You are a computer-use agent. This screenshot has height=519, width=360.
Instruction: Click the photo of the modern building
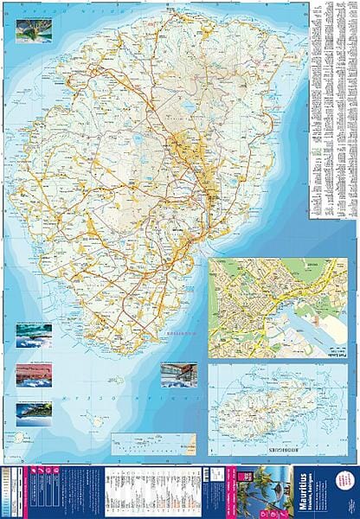pos(179,374)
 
